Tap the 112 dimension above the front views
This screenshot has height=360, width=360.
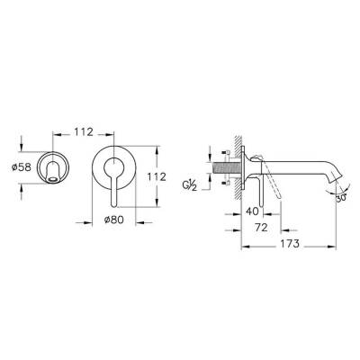click(83, 132)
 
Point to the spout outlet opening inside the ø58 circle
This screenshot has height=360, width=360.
click(56, 179)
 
